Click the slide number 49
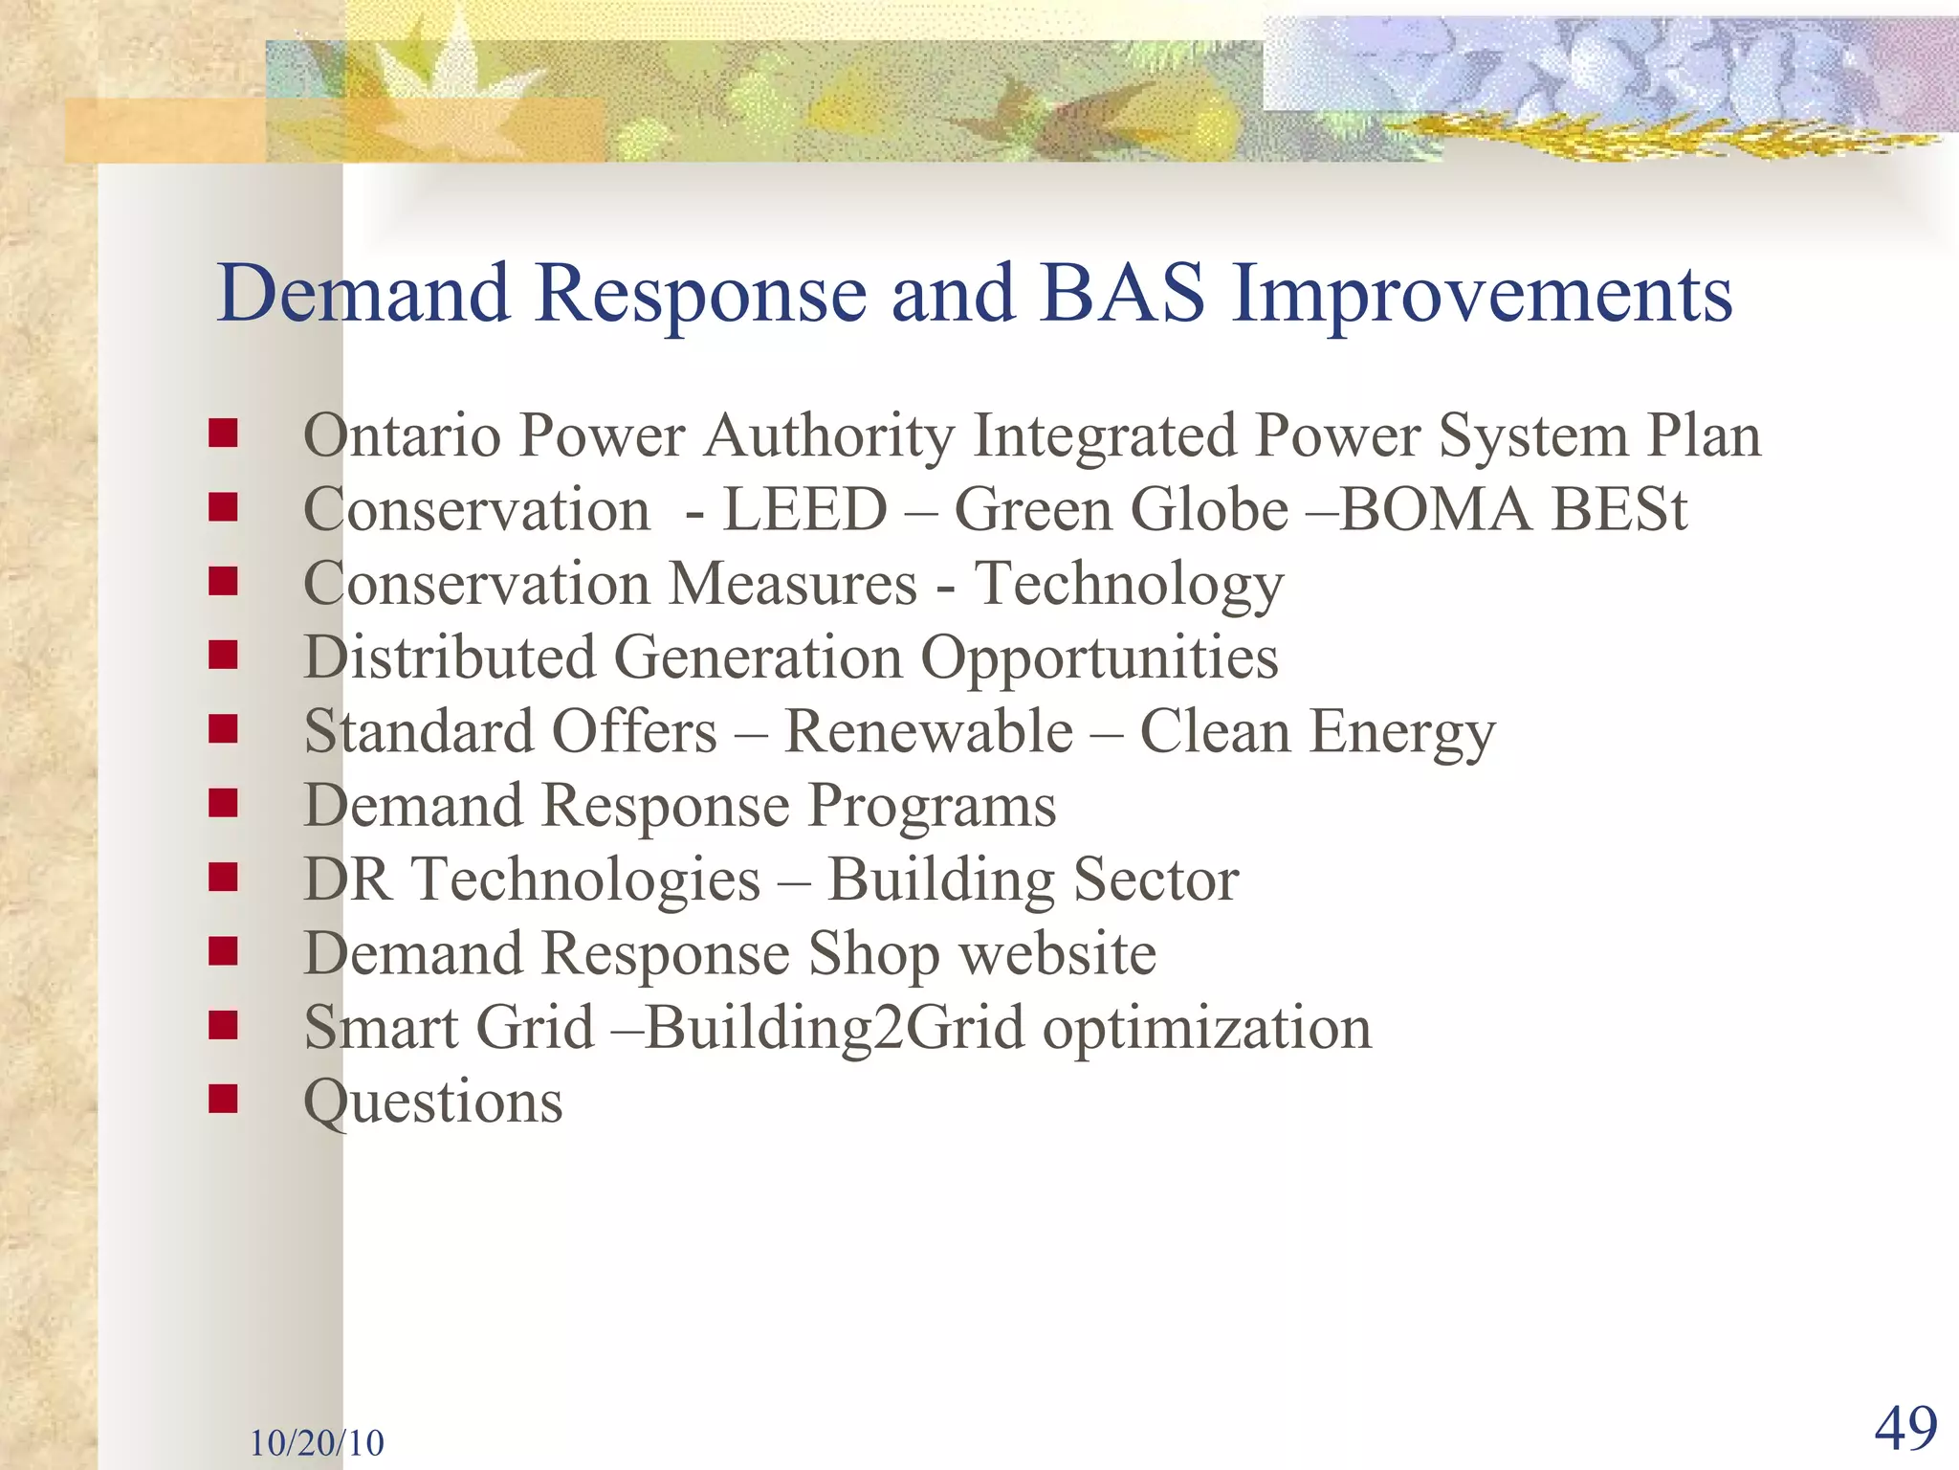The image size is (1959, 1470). pos(1905,1429)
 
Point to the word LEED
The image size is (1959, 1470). pos(804,510)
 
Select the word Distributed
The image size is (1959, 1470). pos(450,658)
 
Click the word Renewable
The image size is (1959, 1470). pos(929,733)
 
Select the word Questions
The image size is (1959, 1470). pos(432,1103)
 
